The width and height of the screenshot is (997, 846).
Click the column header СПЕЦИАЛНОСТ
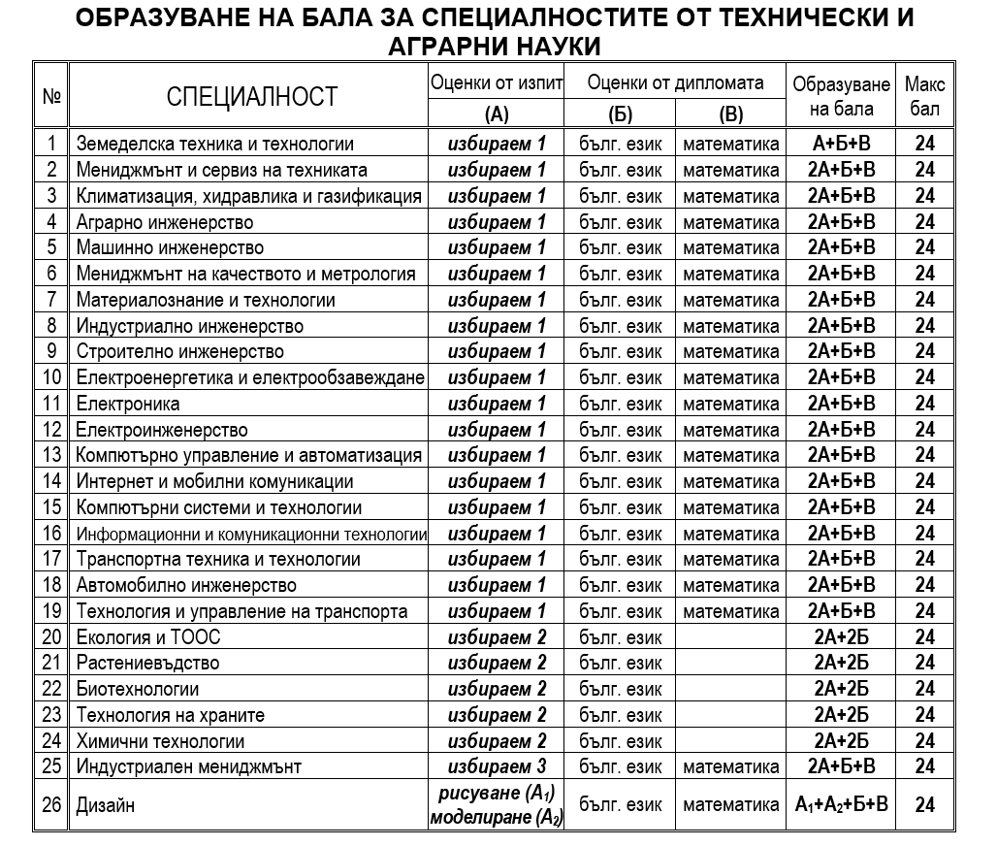[x=251, y=96]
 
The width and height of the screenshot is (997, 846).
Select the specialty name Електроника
[x=127, y=404]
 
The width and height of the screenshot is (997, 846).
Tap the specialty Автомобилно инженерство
[x=185, y=585]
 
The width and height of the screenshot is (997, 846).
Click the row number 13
[x=51, y=455]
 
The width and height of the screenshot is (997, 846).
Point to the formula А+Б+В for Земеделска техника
[x=841, y=145]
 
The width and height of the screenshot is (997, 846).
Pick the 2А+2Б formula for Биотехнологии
[x=841, y=689]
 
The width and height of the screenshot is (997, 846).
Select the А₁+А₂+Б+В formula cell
[x=841, y=804]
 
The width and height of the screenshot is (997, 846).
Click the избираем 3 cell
[x=497, y=766]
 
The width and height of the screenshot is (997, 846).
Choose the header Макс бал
[x=924, y=96]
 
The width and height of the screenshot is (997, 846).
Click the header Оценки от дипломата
[x=675, y=83]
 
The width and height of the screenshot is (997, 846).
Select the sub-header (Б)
[x=620, y=114]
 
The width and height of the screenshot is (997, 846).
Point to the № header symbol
[x=52, y=96]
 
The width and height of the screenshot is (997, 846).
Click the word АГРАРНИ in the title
[x=441, y=46]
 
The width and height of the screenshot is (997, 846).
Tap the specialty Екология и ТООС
[x=148, y=637]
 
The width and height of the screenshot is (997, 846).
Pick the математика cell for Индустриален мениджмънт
[x=730, y=766]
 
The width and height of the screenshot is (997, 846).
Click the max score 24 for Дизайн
[x=924, y=804]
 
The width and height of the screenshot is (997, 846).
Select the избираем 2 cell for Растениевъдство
[x=497, y=663]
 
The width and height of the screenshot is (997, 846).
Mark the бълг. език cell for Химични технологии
[x=620, y=741]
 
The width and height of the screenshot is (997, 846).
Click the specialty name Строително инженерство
[x=179, y=351]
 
